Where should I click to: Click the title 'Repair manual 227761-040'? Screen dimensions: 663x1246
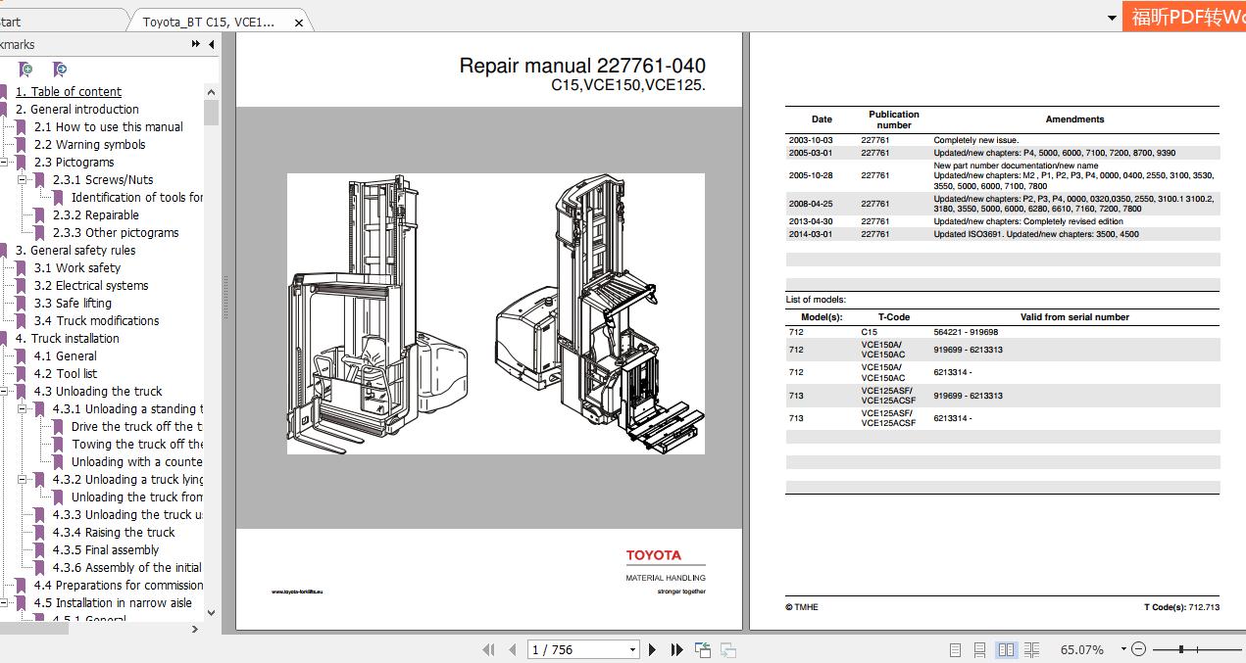coord(581,66)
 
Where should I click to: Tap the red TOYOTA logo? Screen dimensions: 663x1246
coord(653,556)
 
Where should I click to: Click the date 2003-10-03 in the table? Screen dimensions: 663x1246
coord(810,141)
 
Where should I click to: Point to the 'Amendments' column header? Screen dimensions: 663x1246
coord(1074,119)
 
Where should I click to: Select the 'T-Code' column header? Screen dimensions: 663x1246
coord(893,317)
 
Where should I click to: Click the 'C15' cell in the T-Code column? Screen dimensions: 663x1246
coord(870,333)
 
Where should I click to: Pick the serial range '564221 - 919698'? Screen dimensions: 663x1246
coord(966,333)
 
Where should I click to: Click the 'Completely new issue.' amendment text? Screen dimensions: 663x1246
coord(975,141)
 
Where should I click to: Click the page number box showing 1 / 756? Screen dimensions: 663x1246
coord(582,649)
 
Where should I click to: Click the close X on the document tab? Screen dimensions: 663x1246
coord(299,22)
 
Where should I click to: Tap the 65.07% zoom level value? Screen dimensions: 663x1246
coord(1081,649)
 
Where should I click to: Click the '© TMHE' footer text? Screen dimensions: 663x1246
coord(801,607)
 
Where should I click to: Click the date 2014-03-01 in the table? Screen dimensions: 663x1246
coord(810,234)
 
